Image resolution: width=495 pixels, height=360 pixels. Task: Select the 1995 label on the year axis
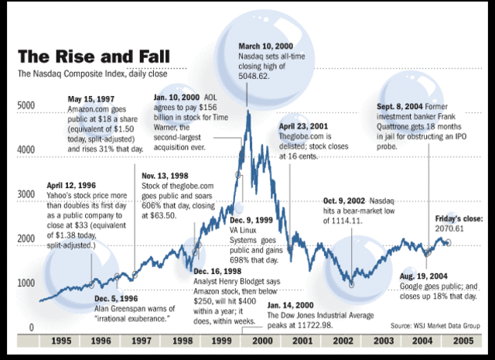tap(61, 341)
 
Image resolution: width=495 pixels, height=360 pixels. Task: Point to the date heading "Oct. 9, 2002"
tap(342, 201)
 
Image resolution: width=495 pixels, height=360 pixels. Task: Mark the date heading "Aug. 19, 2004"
tap(425, 275)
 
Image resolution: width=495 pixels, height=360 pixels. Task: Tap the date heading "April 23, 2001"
tap(304, 125)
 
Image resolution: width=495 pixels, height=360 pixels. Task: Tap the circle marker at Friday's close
tap(449, 243)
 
